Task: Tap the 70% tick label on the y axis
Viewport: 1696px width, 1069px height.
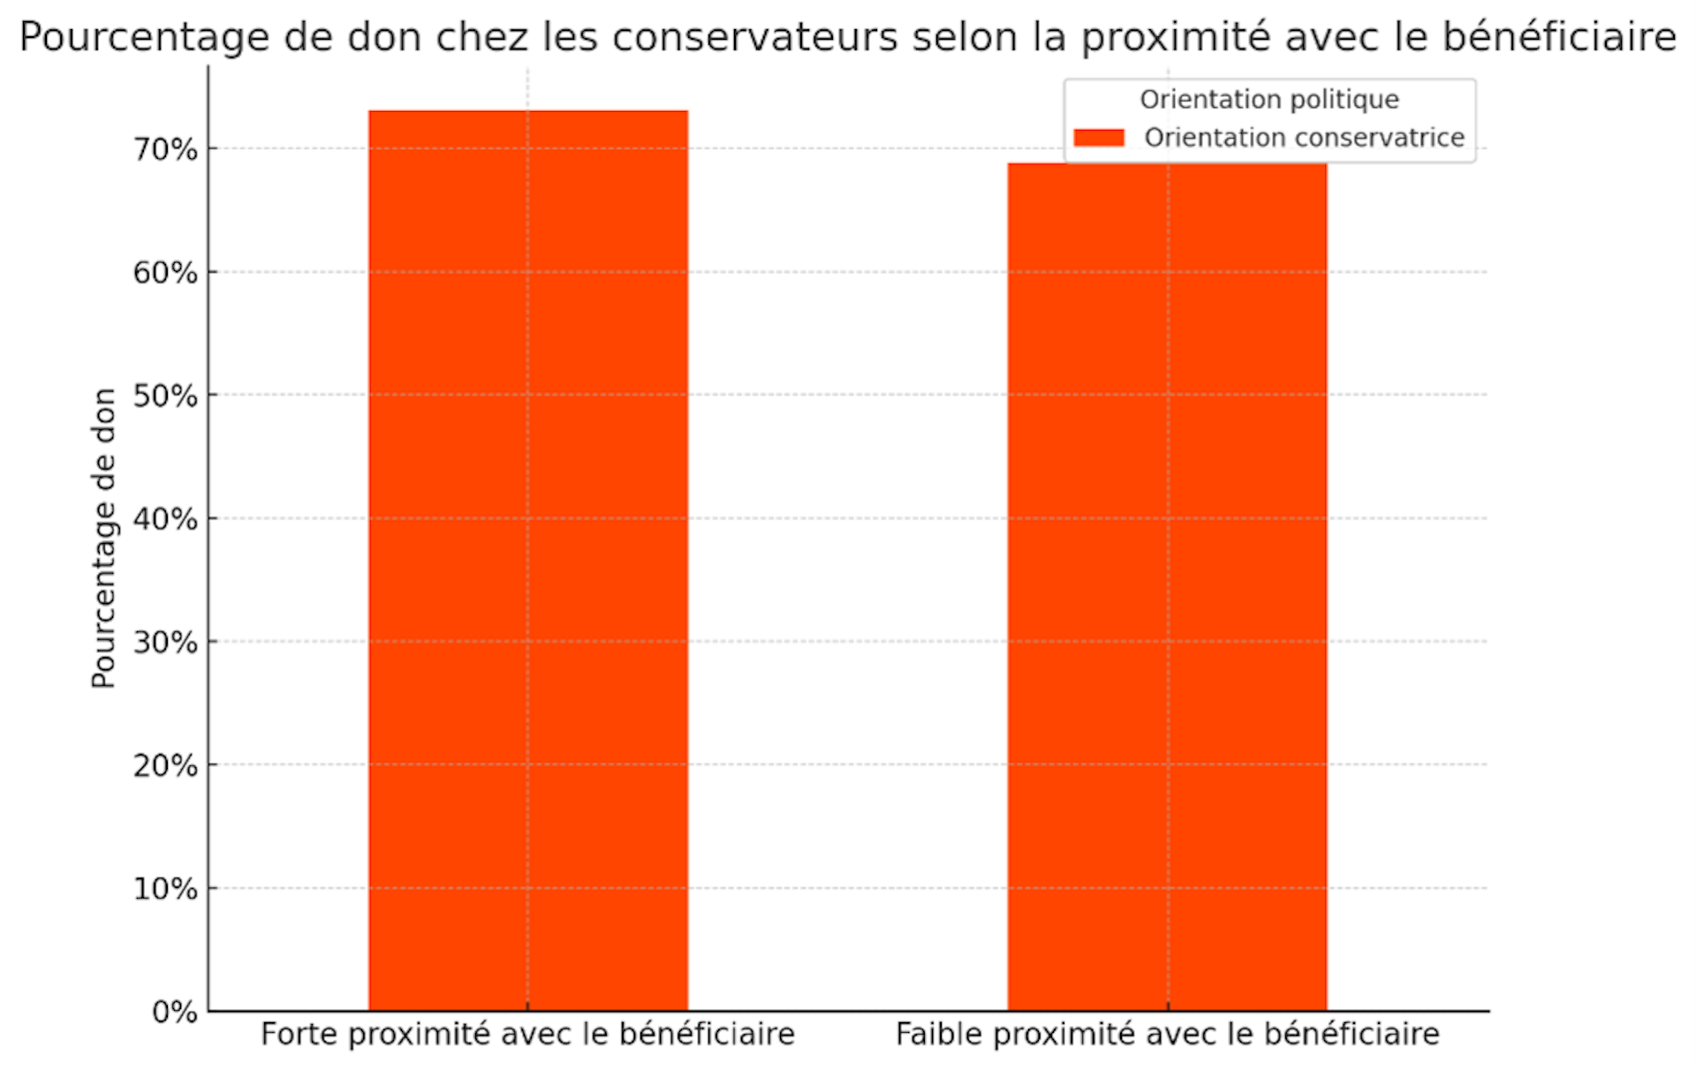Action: click(x=165, y=149)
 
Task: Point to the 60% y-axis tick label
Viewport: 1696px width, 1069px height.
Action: click(x=165, y=273)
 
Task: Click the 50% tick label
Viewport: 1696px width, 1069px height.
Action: click(x=165, y=395)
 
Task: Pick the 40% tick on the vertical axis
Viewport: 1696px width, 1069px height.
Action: click(x=165, y=519)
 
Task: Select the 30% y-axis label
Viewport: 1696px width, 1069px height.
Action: click(x=165, y=642)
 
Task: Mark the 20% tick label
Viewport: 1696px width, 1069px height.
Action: click(x=165, y=765)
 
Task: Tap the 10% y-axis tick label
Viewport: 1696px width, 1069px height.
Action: click(x=165, y=888)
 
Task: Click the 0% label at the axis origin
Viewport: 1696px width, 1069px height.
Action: click(x=175, y=1012)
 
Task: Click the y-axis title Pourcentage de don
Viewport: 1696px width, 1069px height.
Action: click(x=103, y=538)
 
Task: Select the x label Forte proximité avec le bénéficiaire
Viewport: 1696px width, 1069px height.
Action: click(x=527, y=1034)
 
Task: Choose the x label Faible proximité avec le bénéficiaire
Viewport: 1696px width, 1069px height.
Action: click(x=1167, y=1034)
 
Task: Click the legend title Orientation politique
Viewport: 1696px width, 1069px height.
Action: click(x=1269, y=100)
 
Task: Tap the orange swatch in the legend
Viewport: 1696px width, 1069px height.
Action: click(x=1099, y=138)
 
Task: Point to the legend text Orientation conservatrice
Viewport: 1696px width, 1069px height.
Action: click(x=1304, y=138)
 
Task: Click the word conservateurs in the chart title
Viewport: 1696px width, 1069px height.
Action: click(x=755, y=37)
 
